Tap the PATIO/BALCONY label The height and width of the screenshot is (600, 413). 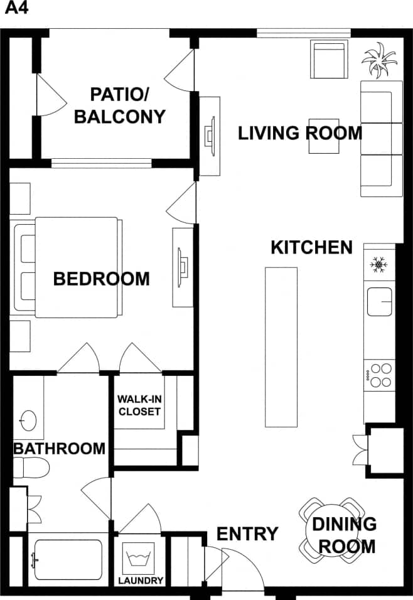(119, 105)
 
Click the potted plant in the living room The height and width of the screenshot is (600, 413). (379, 60)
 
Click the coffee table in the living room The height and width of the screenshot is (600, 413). (323, 136)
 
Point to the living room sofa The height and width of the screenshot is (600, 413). (381, 139)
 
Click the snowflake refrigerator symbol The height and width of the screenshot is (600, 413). (378, 265)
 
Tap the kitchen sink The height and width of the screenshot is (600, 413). (379, 303)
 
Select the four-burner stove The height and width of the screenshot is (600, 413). (379, 375)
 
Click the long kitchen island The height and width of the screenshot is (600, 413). (281, 346)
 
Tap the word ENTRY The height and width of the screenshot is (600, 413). (247, 534)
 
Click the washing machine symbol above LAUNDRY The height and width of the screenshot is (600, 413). (139, 557)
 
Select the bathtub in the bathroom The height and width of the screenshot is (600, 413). (67, 559)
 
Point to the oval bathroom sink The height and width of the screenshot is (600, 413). (28, 417)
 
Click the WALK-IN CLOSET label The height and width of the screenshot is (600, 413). (139, 405)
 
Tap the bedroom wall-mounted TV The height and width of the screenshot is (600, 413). (183, 267)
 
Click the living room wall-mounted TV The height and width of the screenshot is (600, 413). (210, 135)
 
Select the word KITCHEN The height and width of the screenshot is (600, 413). (311, 247)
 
